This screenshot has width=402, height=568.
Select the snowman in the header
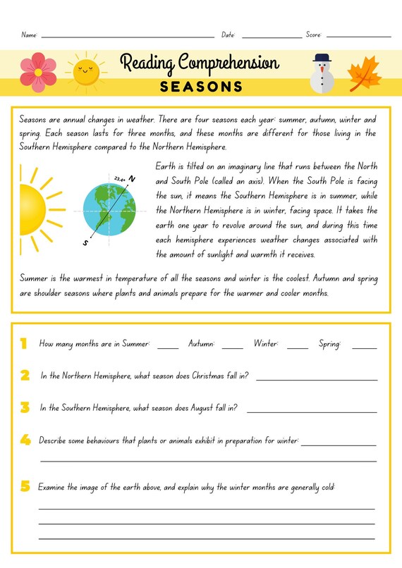coord(322,73)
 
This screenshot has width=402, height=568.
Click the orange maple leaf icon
coord(365,73)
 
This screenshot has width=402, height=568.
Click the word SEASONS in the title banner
coord(201,87)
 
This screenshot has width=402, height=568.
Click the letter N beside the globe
coord(131,180)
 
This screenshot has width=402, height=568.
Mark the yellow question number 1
coord(23,344)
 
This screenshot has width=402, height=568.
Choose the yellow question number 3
coord(25,407)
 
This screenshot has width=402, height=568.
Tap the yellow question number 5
coord(25,486)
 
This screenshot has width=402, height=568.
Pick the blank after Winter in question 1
coord(298,347)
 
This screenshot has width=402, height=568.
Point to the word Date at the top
coord(228,35)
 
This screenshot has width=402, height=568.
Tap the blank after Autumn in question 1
coord(232,347)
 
